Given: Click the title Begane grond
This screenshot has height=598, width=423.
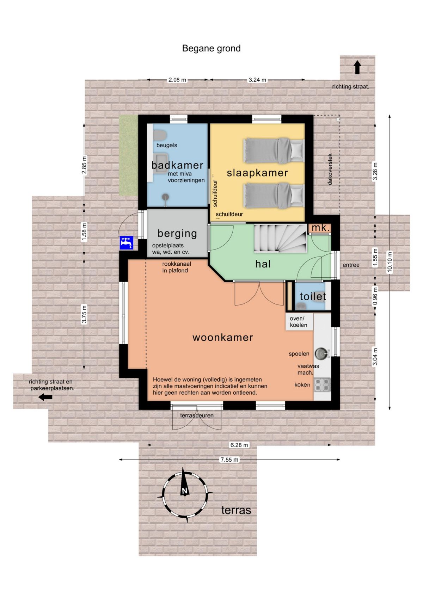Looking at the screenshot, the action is (x=211, y=48).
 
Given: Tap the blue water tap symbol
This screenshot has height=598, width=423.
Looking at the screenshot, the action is (x=126, y=243).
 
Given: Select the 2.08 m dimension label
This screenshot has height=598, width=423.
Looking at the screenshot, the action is (x=177, y=80).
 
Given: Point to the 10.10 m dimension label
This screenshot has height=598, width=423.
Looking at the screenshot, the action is (x=390, y=262).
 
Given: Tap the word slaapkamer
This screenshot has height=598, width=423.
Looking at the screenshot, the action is (x=257, y=173).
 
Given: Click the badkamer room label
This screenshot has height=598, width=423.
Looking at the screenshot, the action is (x=177, y=165).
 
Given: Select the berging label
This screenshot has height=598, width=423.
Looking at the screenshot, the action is (x=177, y=233).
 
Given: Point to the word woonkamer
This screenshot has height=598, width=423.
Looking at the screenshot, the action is (x=223, y=338).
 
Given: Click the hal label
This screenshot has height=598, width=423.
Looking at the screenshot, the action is (x=263, y=264).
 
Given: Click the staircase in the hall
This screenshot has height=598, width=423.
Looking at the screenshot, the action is (x=280, y=238).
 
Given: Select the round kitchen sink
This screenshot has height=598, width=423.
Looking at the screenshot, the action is (x=321, y=354).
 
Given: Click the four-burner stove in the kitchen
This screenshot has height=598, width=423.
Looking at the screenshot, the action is (x=322, y=385).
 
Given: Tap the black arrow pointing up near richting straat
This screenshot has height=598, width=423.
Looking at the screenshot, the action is (x=357, y=68).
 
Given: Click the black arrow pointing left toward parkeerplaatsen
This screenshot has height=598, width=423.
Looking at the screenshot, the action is (x=45, y=397).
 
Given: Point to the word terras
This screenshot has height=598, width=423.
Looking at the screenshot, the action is (x=236, y=510).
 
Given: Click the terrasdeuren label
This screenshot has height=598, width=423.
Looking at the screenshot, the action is (x=197, y=415).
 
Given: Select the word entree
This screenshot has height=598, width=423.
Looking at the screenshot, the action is (x=351, y=265).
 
